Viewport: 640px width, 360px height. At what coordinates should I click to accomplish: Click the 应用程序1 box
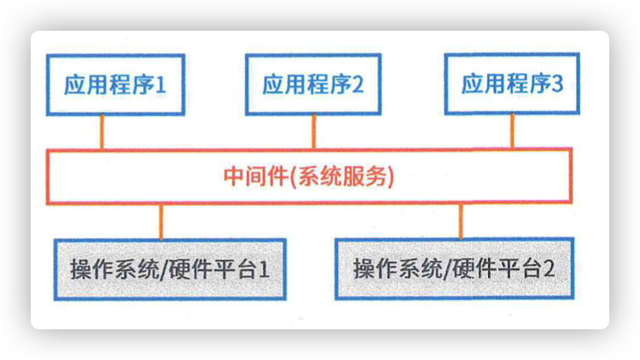pyautogui.click(x=115, y=84)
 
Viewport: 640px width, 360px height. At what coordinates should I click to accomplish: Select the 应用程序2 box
pyautogui.click(x=313, y=84)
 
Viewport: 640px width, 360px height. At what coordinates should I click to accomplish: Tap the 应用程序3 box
pyautogui.click(x=512, y=84)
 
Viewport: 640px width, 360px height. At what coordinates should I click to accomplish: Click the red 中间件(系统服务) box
pyautogui.click(x=309, y=176)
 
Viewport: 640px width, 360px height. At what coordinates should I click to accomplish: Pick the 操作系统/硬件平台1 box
pyautogui.click(x=170, y=270)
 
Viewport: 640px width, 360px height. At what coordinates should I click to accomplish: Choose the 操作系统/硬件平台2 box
pyautogui.click(x=454, y=269)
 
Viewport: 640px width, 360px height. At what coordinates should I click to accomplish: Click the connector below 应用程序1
pyautogui.click(x=102, y=132)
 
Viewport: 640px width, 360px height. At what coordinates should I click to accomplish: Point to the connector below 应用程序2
pyautogui.click(x=313, y=131)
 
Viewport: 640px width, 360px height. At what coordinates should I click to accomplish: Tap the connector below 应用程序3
pyautogui.click(x=512, y=131)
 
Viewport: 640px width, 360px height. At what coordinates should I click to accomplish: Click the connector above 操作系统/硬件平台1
pyautogui.click(x=161, y=222)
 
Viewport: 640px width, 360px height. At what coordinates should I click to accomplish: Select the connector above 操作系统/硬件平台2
pyautogui.click(x=461, y=221)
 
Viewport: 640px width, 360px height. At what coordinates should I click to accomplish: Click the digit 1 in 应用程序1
pyautogui.click(x=160, y=85)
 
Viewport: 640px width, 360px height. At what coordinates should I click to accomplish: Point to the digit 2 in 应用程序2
pyautogui.click(x=358, y=84)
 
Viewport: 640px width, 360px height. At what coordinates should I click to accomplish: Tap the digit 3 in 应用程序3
pyautogui.click(x=557, y=84)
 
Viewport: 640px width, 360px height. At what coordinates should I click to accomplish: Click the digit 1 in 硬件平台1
pyautogui.click(x=264, y=270)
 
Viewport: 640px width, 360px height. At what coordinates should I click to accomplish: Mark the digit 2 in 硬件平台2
pyautogui.click(x=548, y=269)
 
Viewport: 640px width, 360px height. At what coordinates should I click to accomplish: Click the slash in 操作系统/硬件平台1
pyautogui.click(x=164, y=270)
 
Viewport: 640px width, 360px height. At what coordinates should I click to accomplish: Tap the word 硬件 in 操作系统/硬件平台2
pyautogui.click(x=475, y=269)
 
